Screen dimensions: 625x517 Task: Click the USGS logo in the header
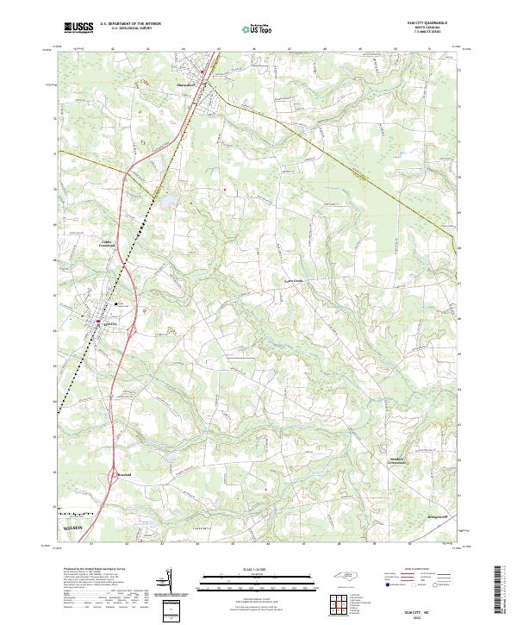coord(77,27)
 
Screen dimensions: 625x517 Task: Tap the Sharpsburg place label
coord(188,84)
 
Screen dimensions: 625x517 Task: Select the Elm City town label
coord(108,324)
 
